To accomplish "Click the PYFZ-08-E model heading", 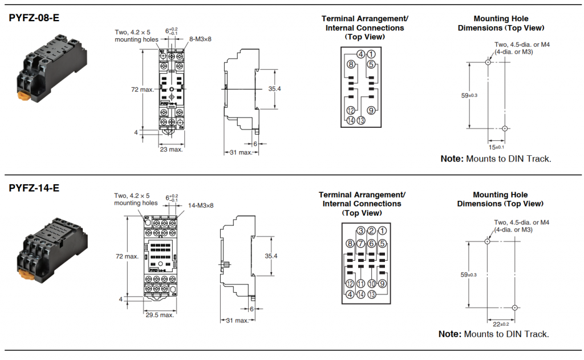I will click(x=34, y=18).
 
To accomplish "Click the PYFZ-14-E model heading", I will click(x=34, y=188).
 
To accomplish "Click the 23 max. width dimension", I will click(x=171, y=149).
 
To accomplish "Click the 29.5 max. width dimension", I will click(x=159, y=315).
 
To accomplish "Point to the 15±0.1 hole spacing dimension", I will click(x=496, y=147).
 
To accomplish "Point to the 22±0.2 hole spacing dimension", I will click(x=501, y=324).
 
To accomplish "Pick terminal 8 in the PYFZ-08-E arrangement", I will click(x=351, y=64).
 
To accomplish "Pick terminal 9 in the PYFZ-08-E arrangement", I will click(x=371, y=110).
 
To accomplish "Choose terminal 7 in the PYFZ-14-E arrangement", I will click(x=360, y=244).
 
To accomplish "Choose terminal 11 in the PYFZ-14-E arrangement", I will click(x=360, y=284).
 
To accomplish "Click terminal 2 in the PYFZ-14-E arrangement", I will click(x=371, y=230).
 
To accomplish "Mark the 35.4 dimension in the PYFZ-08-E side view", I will click(x=275, y=88).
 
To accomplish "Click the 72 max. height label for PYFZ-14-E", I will click(x=127, y=256).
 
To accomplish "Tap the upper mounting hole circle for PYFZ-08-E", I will click(x=488, y=62).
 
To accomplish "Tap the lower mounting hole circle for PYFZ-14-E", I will click(x=514, y=308).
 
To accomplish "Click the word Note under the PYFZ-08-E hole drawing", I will click(x=452, y=159).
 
